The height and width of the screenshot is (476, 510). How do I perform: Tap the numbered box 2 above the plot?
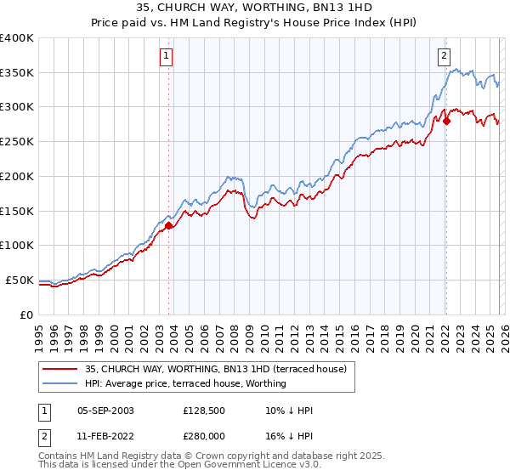pyautogui.click(x=444, y=57)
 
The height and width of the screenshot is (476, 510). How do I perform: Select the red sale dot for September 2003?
pyautogui.click(x=168, y=225)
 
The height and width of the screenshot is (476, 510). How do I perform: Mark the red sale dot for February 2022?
pyautogui.click(x=446, y=121)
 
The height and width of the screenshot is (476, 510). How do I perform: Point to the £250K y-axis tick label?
pyautogui.click(x=17, y=142)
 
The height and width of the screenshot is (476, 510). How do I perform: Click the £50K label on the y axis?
pyautogui.click(x=20, y=280)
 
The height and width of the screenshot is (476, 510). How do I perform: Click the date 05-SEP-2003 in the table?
pyautogui.click(x=105, y=411)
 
